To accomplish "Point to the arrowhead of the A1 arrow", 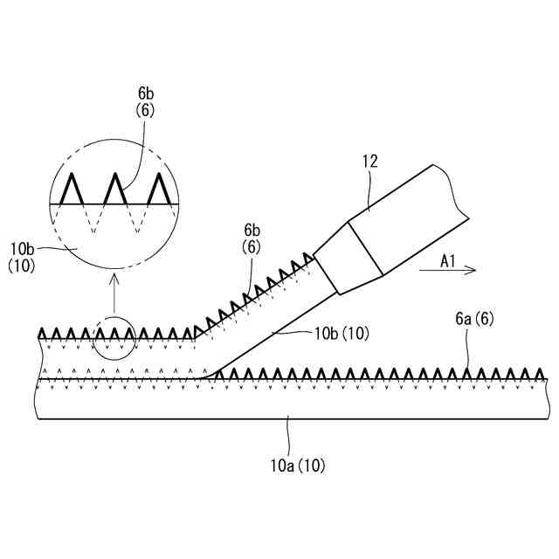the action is (x=472, y=271).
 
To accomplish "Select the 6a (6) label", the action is (x=475, y=321).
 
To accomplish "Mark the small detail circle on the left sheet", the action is (x=114, y=340).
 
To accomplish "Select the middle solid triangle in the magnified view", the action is (x=114, y=188).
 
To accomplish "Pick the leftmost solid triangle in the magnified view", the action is (x=72, y=188).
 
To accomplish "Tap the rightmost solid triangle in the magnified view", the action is (x=157, y=188).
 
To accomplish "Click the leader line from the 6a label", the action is (x=468, y=349).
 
